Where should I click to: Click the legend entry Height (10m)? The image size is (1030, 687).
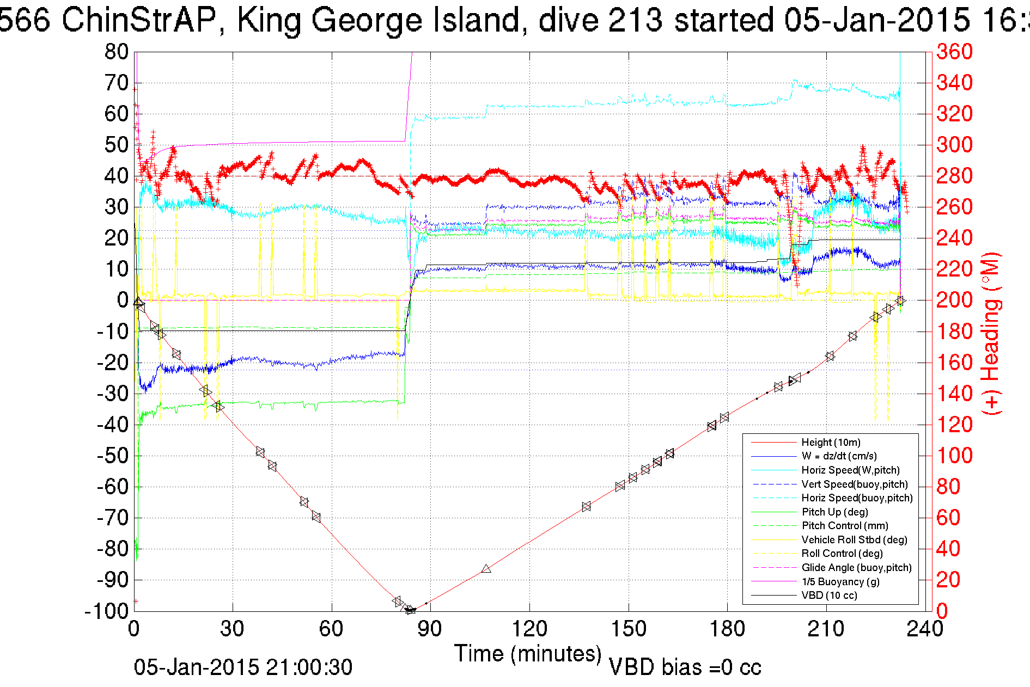click(x=831, y=443)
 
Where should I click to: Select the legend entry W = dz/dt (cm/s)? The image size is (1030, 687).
click(x=839, y=456)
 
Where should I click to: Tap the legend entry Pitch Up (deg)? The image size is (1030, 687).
click(x=834, y=512)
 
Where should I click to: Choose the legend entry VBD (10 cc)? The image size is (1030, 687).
click(x=829, y=596)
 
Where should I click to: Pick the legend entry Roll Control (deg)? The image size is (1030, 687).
click(x=842, y=554)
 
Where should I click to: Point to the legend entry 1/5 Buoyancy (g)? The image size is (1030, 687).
click(x=840, y=581)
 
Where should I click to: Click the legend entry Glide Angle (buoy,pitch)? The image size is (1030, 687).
click(x=856, y=568)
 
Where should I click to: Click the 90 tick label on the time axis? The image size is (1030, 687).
click(x=430, y=629)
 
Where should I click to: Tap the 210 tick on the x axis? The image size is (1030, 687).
click(x=826, y=629)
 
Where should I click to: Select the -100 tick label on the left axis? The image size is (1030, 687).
click(x=106, y=611)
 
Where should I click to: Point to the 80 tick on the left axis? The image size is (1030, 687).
click(x=116, y=52)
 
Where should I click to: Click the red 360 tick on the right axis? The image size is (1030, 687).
click(x=954, y=52)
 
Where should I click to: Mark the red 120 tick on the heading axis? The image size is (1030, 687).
click(x=954, y=425)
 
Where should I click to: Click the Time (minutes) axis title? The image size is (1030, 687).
click(x=527, y=654)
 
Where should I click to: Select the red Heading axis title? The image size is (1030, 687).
click(x=991, y=333)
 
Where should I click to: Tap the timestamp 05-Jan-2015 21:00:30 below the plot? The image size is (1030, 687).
click(x=243, y=667)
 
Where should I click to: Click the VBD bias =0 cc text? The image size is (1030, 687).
click(x=685, y=667)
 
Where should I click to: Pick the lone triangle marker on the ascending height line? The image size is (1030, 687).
click(x=486, y=569)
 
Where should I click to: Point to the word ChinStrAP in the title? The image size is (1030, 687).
click(x=141, y=21)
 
